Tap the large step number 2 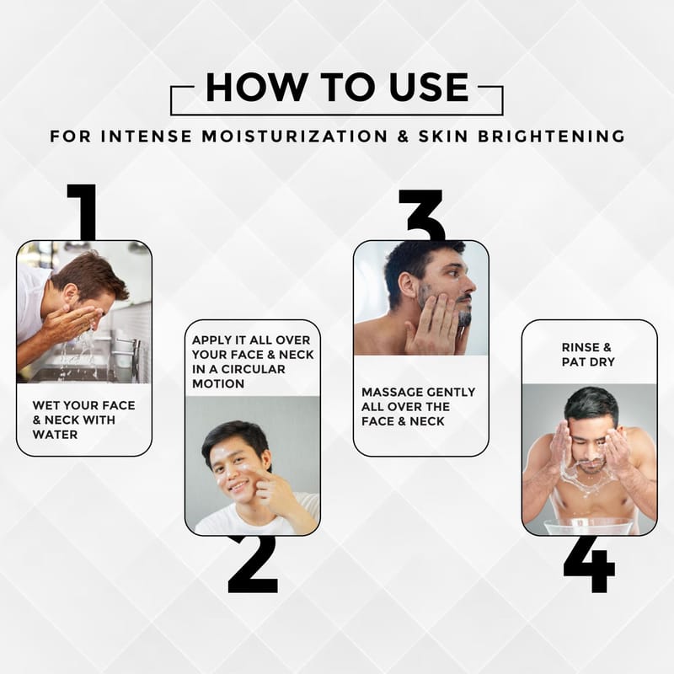pyautogui.click(x=254, y=564)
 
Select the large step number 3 pyautogui.click(x=421, y=215)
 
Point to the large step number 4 pyautogui.click(x=589, y=564)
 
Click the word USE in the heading pyautogui.click(x=429, y=88)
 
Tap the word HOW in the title pyautogui.click(x=256, y=88)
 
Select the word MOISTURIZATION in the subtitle pyautogui.click(x=295, y=136)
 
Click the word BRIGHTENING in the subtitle pyautogui.click(x=552, y=136)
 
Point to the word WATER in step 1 pyautogui.click(x=55, y=435)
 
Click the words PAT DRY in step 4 pyautogui.click(x=588, y=362)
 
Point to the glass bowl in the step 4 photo pyautogui.click(x=589, y=527)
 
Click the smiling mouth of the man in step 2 pyautogui.click(x=238, y=487)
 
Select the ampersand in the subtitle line pyautogui.click(x=403, y=136)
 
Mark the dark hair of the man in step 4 pyautogui.click(x=591, y=404)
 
